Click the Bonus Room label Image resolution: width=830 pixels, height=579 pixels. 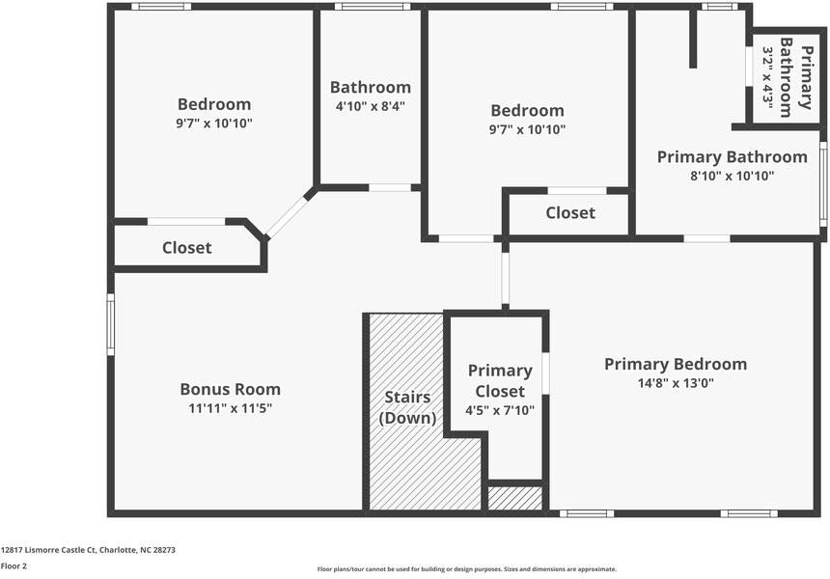point(230,390)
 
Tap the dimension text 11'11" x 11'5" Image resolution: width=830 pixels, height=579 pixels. point(230,408)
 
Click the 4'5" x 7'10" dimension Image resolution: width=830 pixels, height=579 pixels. point(500,410)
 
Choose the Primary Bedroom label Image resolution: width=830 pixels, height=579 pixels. point(676,364)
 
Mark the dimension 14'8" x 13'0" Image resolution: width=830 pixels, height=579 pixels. point(676,382)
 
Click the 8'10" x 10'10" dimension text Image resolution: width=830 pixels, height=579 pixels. point(732,176)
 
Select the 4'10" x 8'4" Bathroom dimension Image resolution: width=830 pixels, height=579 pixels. point(371,106)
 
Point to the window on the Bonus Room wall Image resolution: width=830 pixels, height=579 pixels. point(111,325)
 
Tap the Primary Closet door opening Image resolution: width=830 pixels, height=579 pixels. point(545,373)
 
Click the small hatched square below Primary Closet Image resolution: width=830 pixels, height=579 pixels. point(514,498)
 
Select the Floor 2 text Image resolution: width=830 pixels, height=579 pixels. point(14,566)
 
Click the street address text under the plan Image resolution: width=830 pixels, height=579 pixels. point(88,550)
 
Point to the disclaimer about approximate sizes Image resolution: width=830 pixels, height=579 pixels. point(466,569)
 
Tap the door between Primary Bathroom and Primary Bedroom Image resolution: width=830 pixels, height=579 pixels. point(706,238)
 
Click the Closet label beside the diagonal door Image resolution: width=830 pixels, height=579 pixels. point(186,248)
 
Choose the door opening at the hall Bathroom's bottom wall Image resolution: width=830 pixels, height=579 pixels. point(391,187)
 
